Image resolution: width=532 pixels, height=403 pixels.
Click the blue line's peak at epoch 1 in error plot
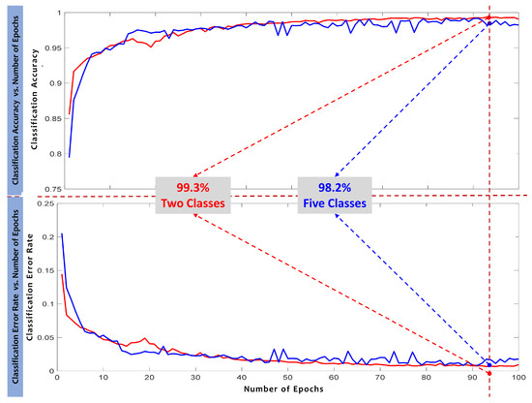click(x=61, y=233)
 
